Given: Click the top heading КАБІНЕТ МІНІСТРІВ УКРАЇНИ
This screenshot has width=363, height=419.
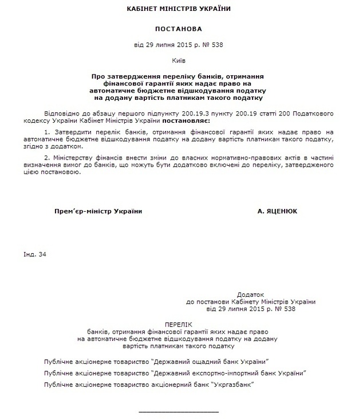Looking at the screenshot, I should (181, 10).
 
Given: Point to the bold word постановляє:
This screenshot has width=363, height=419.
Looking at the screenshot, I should (186, 122).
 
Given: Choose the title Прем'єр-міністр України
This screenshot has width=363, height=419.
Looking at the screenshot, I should (98, 211).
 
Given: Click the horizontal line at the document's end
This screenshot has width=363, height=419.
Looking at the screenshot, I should (179, 410).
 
